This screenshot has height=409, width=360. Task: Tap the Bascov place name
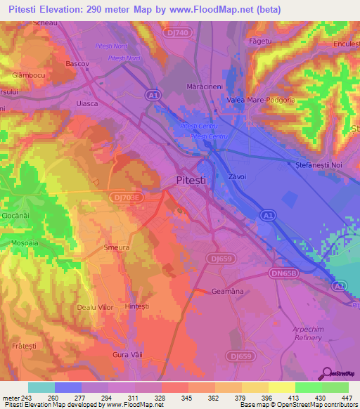77,63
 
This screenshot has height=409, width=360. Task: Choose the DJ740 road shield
179,32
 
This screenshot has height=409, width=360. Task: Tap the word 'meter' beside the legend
11,397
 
